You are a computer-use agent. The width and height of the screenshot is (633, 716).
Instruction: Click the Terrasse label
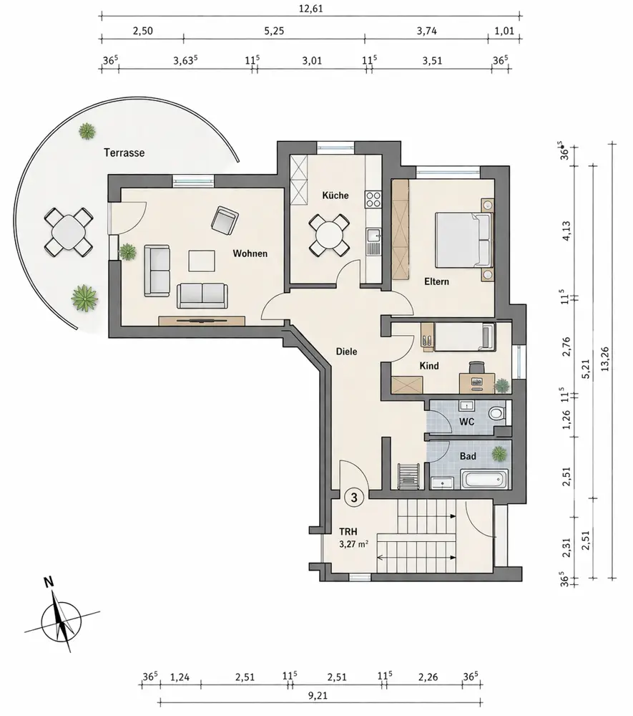pos(124,153)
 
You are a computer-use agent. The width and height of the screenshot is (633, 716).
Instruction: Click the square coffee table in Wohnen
pos(201,260)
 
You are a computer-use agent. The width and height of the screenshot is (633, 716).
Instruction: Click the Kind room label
pos(428,366)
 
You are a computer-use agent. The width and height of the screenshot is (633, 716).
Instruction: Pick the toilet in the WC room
pos(495,413)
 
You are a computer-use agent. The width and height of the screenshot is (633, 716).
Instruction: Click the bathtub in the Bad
pos(485,479)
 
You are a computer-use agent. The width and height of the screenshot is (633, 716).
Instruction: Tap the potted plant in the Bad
pos(498,453)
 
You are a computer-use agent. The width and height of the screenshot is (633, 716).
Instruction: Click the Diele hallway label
pos(347,352)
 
